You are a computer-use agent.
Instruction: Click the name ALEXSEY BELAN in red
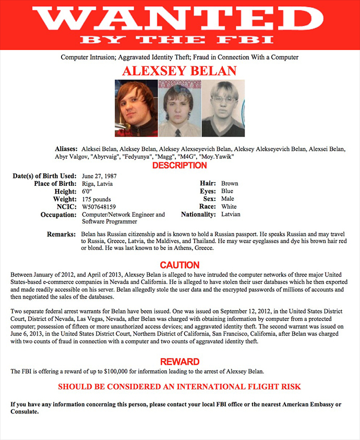tap(179, 70)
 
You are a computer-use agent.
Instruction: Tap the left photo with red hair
tap(136, 108)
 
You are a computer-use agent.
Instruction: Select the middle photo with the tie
tap(179, 108)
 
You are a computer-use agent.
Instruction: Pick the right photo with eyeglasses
tap(223, 108)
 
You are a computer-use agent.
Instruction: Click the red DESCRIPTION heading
tap(179, 165)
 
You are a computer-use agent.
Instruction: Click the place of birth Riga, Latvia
tap(97, 184)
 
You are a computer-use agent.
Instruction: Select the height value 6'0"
tap(87, 192)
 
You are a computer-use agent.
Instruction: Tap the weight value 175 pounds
tap(97, 199)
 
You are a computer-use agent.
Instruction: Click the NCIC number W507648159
tap(99, 207)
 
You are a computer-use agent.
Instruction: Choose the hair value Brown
tap(230, 184)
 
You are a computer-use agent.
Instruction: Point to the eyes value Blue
tap(227, 192)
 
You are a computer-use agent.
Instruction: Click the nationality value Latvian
tap(231, 215)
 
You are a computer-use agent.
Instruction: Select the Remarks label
tap(62, 235)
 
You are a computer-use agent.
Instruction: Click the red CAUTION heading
tap(179, 265)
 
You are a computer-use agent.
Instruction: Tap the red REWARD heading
tap(179, 362)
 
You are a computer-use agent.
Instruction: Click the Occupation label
tap(58, 215)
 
